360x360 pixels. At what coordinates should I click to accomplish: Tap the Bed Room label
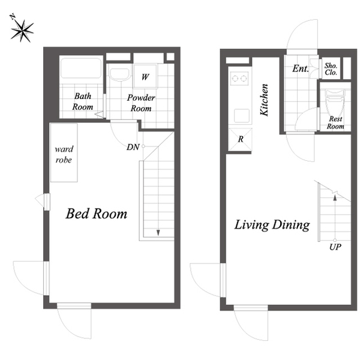97,214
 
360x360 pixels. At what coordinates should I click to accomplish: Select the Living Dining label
272,225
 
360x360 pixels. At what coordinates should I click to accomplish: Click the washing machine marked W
145,76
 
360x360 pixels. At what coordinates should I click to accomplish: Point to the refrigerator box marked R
241,139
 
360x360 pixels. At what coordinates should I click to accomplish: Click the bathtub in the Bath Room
81,68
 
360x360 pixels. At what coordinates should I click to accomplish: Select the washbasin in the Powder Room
119,74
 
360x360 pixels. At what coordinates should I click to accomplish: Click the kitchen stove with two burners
240,78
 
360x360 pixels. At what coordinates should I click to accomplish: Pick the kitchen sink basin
242,115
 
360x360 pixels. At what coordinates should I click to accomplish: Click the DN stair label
133,147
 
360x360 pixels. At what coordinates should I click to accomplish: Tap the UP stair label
335,247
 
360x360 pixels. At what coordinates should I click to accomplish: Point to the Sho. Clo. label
331,69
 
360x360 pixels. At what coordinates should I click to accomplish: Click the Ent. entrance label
301,68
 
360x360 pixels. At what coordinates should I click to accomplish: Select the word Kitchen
264,100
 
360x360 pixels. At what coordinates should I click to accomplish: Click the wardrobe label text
64,154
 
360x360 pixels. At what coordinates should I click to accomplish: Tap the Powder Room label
141,103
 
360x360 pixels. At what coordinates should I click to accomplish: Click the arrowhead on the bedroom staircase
158,233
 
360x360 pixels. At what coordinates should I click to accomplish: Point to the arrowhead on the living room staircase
335,197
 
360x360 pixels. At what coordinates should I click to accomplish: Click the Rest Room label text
335,122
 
